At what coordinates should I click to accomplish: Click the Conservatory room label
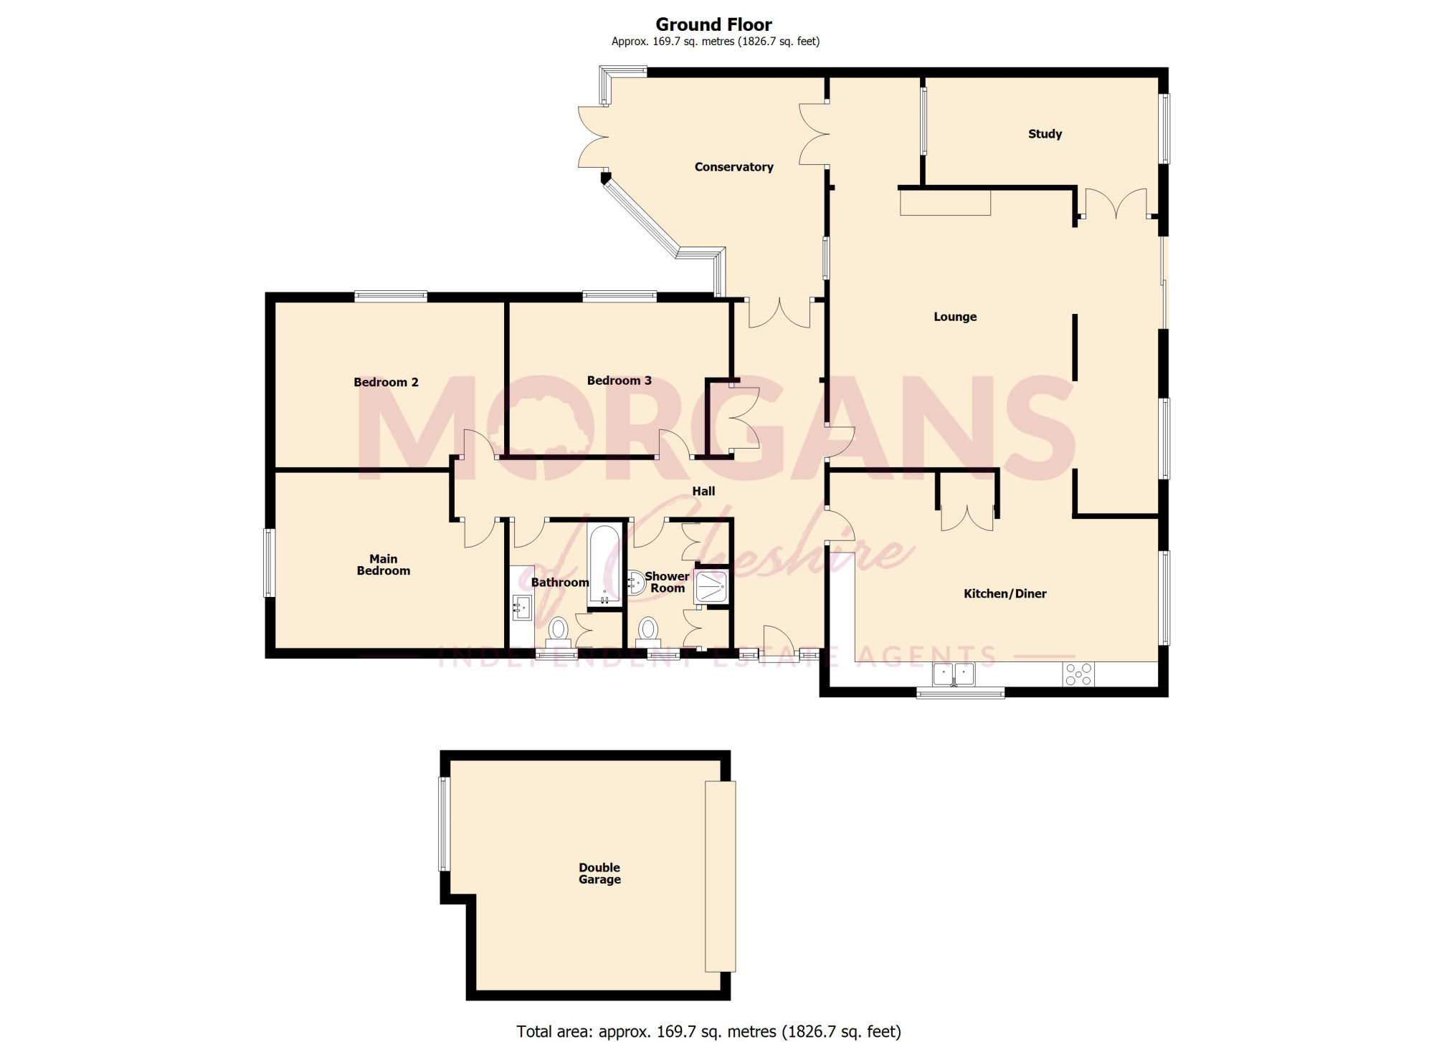pos(733,167)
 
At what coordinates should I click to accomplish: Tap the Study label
pos(1045,134)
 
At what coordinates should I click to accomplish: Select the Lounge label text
pos(955,317)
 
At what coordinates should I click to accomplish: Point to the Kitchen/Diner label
pos(1005,593)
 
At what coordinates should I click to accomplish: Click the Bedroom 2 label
pos(386,382)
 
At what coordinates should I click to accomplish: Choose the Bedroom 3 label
pos(619,381)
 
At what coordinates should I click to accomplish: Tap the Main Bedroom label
pos(384,565)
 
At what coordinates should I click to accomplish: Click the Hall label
pos(703,492)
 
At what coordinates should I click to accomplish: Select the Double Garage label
pos(599,874)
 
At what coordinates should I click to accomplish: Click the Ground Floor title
pos(714,25)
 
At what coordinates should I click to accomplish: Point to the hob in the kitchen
pos(1079,674)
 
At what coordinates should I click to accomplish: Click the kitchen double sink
pos(954,674)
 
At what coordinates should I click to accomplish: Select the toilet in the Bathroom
pos(558,632)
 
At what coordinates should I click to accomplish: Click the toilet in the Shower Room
pos(648,631)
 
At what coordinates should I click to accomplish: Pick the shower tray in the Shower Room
pos(711,585)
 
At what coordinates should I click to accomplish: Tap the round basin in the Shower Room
pos(634,583)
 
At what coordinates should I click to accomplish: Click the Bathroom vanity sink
pos(522,608)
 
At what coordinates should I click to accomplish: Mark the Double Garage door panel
pos(720,876)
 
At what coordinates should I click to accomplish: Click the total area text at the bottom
pos(708,1031)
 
